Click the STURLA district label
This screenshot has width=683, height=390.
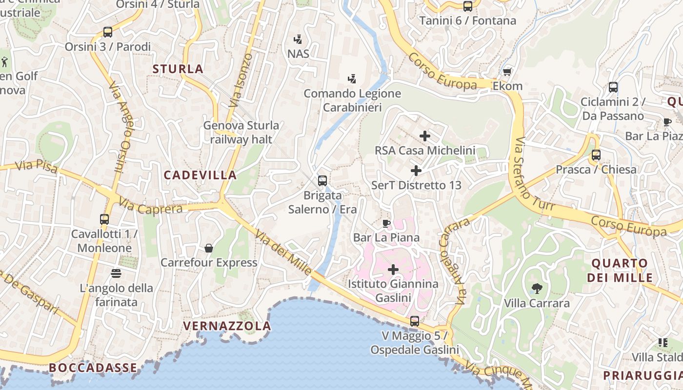point(178,69)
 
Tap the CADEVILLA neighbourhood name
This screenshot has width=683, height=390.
point(200,175)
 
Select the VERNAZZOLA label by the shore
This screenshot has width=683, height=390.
point(227,326)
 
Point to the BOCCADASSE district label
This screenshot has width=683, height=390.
point(93,368)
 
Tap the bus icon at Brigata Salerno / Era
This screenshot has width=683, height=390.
point(322,181)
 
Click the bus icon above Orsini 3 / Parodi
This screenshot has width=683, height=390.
point(108,32)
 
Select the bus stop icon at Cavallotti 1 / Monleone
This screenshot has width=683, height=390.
point(104,219)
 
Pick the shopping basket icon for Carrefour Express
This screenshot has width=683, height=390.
point(209,248)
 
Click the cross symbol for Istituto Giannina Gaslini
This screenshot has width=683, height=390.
point(393,269)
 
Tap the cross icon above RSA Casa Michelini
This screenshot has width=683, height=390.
point(425,136)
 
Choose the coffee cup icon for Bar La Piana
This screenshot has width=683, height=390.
point(386,224)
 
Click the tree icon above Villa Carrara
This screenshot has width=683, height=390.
point(537,288)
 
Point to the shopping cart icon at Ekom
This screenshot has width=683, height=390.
point(507,72)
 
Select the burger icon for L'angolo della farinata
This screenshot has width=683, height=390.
point(116,273)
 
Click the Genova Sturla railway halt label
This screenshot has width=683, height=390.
point(241,132)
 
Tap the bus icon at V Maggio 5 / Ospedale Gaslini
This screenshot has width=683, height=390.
point(415,321)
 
